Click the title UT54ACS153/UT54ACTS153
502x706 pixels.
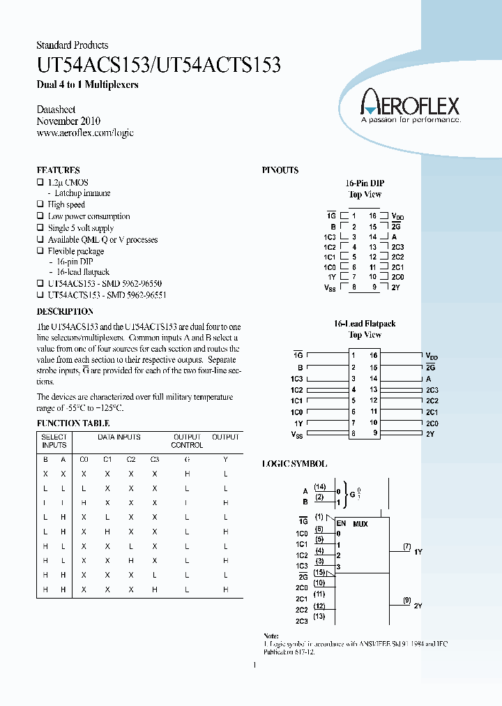coord(158,66)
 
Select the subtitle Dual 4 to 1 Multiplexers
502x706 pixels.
coord(87,85)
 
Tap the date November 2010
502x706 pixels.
coord(68,121)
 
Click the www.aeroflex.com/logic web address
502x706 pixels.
coord(84,133)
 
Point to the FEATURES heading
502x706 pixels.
coord(58,170)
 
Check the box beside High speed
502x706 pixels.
coord(40,204)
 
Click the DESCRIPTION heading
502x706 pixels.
coord(65,311)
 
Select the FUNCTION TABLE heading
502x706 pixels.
coord(73,423)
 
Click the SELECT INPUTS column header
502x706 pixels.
coord(54,441)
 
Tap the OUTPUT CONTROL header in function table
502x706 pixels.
coord(187,441)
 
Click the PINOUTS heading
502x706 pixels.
coord(280,170)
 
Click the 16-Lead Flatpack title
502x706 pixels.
coord(364,324)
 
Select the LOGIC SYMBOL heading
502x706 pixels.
coord(294,464)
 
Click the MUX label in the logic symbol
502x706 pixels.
coord(360,523)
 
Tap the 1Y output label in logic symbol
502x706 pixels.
coord(418,552)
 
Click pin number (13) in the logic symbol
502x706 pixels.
coord(319,617)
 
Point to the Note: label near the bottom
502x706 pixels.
coord(271,636)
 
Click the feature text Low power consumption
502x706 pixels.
coord(89,216)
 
